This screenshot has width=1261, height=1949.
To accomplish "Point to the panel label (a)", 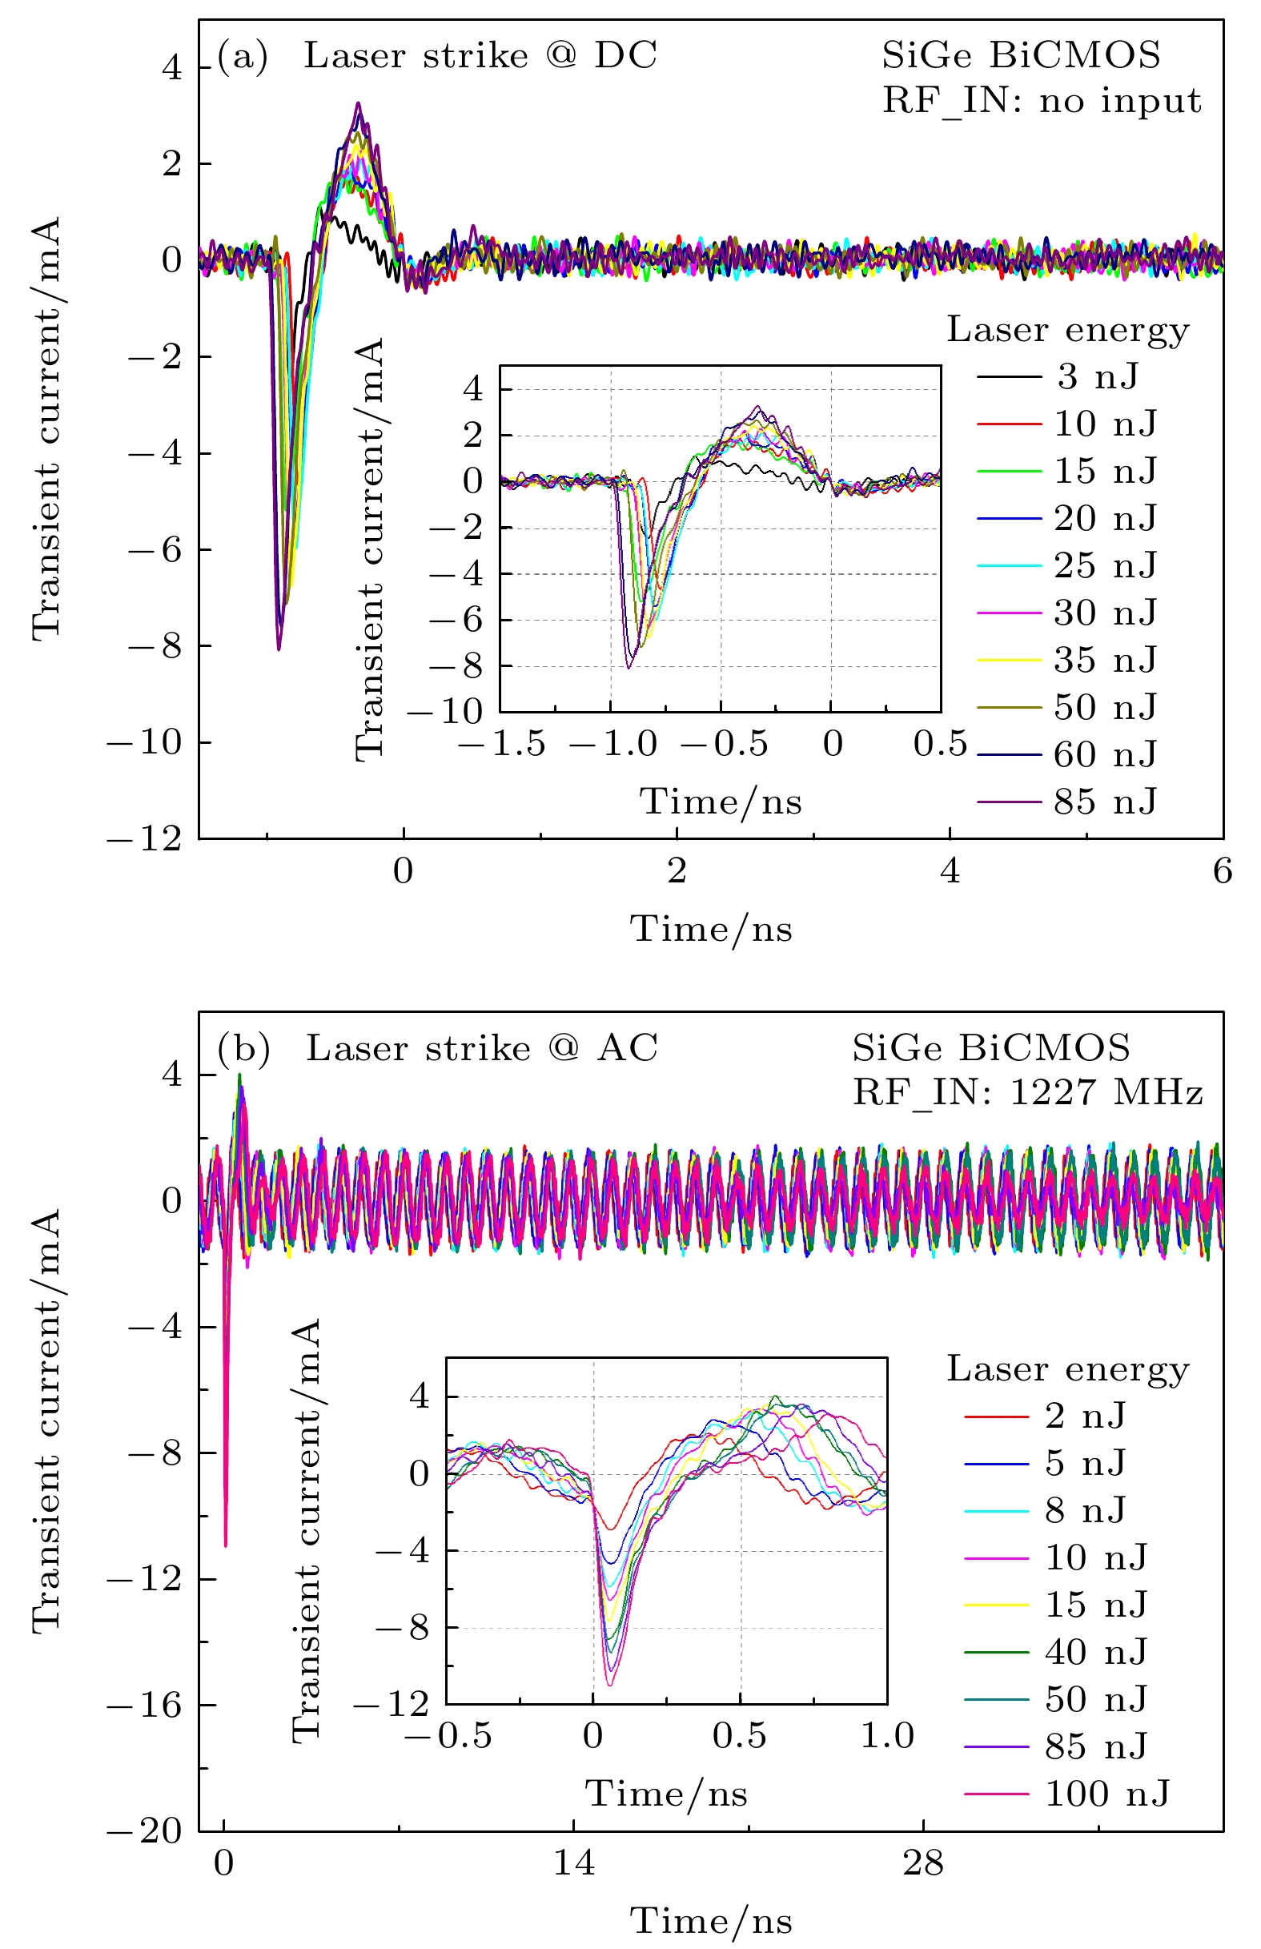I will [243, 58].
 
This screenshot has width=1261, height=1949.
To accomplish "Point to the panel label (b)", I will [243, 1050].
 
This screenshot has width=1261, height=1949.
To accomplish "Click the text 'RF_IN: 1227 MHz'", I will [1028, 1093].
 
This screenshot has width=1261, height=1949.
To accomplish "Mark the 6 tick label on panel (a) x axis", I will [1222, 871].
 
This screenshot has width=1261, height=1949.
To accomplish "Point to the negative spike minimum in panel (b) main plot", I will [225, 1545].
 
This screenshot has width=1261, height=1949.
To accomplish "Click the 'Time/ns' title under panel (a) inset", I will [721, 802].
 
